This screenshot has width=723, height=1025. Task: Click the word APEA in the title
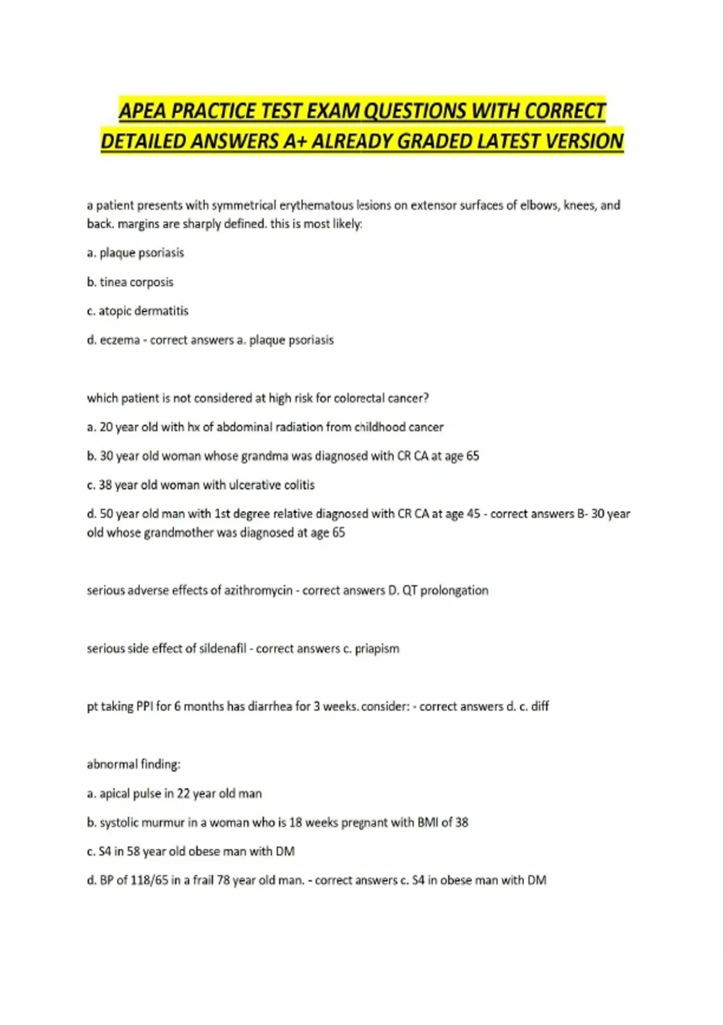pos(143,112)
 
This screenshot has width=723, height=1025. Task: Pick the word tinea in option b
pos(113,282)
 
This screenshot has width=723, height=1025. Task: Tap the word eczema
pos(119,340)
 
